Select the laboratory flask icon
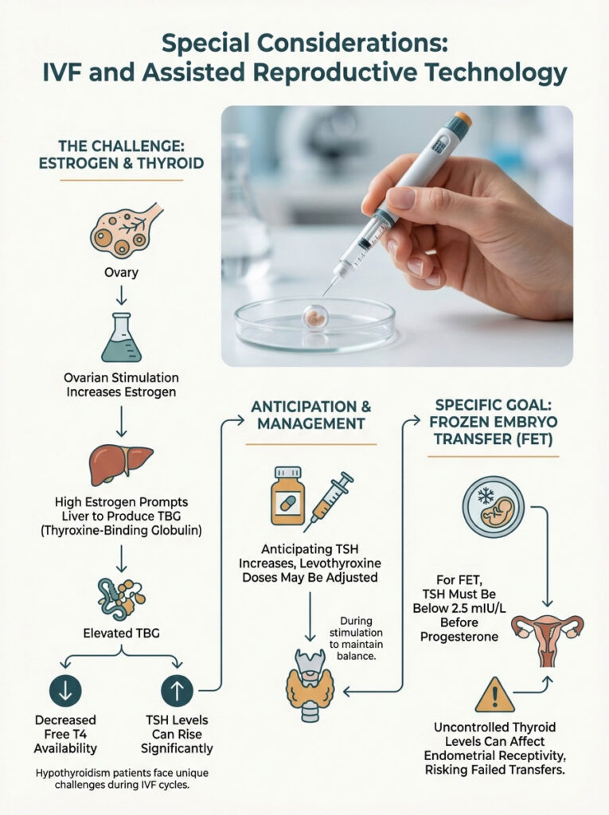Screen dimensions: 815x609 [121, 337]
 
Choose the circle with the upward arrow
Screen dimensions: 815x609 [177, 689]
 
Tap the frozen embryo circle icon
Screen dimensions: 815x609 [487, 509]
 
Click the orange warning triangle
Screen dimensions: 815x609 [494, 694]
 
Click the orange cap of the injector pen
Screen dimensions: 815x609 [461, 121]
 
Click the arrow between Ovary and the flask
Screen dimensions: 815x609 [121, 295]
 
